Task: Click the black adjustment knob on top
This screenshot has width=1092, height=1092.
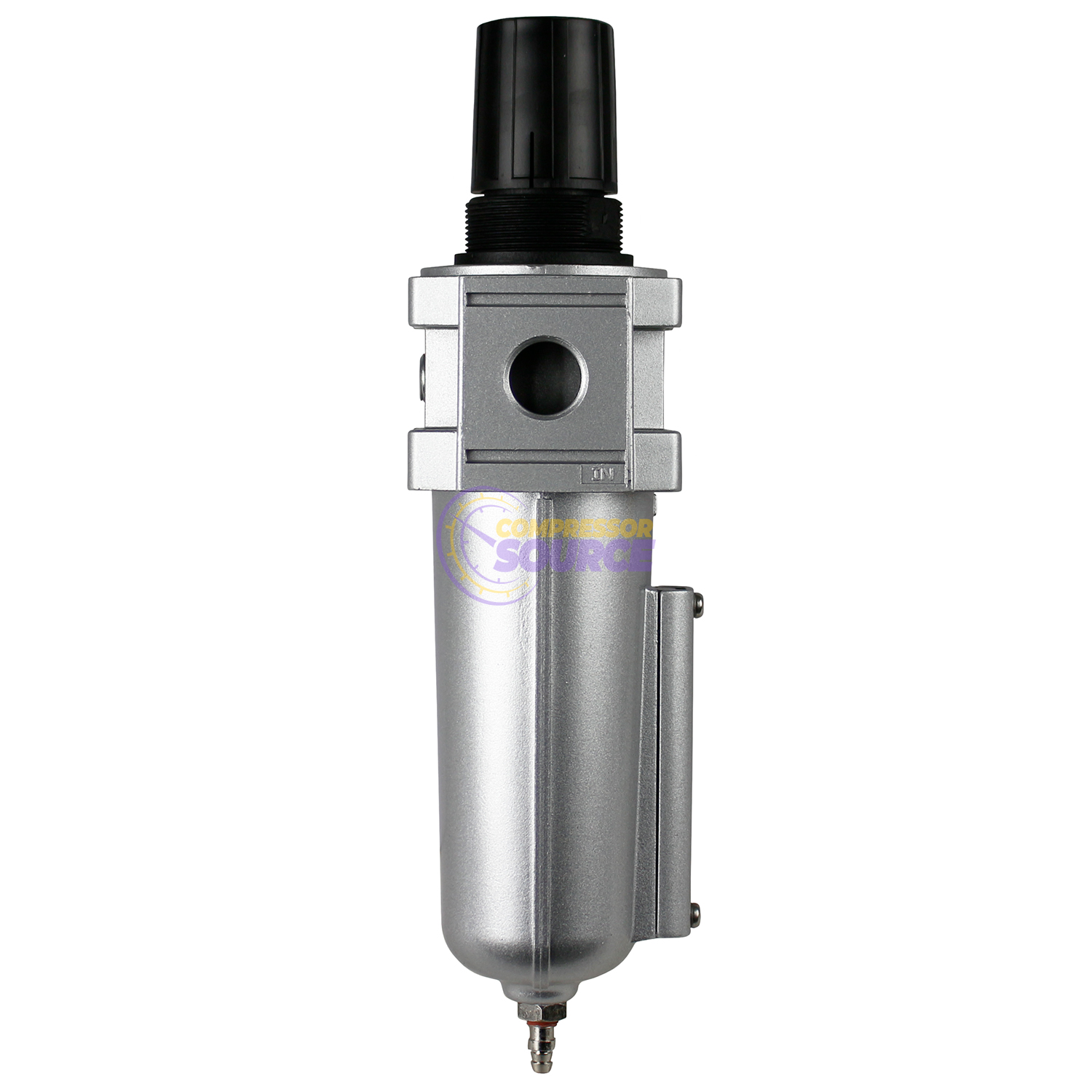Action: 546,109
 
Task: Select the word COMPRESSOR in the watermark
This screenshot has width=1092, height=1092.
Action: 574,528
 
